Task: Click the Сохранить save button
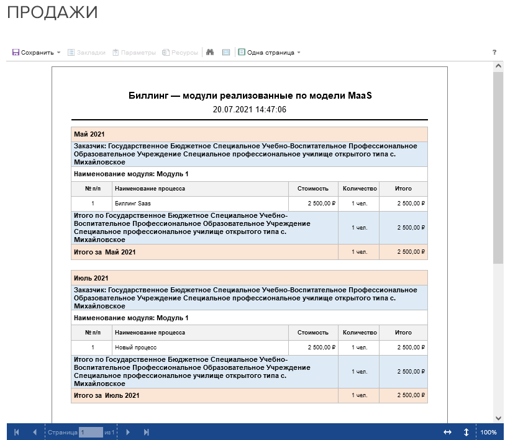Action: pyautogui.click(x=34, y=53)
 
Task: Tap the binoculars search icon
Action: pyautogui.click(x=210, y=53)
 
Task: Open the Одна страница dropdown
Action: pyautogui.click(x=270, y=53)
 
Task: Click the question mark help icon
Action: pyautogui.click(x=494, y=53)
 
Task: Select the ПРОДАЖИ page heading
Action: pyautogui.click(x=52, y=12)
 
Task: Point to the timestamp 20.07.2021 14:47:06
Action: pyautogui.click(x=249, y=109)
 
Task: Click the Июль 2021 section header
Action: pyautogui.click(x=91, y=278)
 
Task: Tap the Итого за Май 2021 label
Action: pyautogui.click(x=104, y=252)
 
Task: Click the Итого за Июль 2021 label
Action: pyautogui.click(x=106, y=395)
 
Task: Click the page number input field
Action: pyautogui.click(x=90, y=432)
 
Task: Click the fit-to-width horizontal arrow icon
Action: pyautogui.click(x=447, y=432)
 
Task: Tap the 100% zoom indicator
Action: pyautogui.click(x=488, y=432)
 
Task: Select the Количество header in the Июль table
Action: pyautogui.click(x=359, y=333)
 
